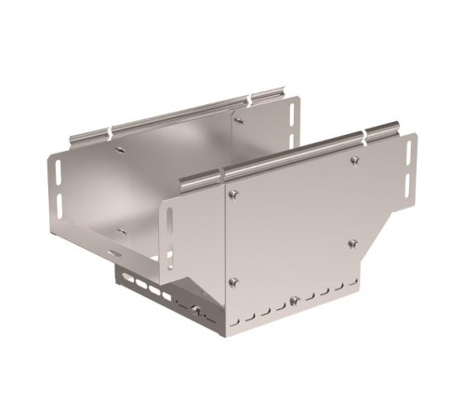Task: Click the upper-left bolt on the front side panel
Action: pos(232,195)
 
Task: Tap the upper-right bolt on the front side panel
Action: pos(354,160)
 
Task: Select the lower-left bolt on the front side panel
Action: pos(232,283)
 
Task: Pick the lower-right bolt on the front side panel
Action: pos(352,244)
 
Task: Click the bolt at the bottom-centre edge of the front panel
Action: pos(294,300)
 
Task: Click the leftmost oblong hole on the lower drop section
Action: pos(122,276)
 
